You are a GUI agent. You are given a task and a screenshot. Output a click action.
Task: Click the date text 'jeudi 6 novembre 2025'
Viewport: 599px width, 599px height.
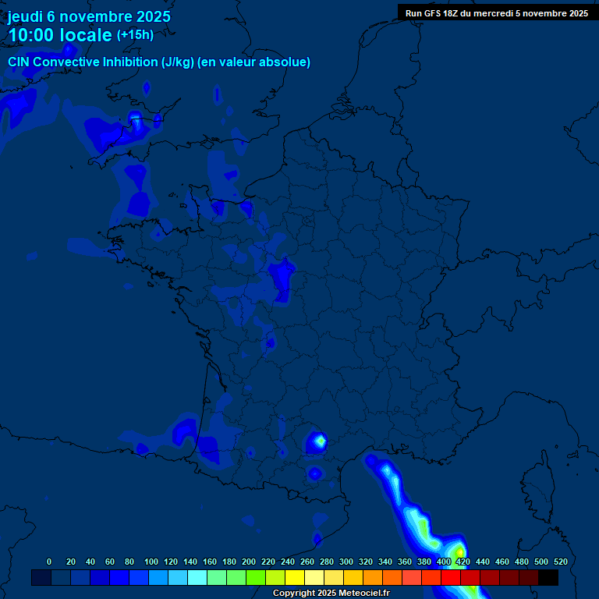(89, 16)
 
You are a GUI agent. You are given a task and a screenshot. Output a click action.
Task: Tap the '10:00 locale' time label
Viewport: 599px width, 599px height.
(60, 35)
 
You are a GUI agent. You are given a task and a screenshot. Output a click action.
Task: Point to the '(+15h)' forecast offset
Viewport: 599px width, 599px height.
(135, 35)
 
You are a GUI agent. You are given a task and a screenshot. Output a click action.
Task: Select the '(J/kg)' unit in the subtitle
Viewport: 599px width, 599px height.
(179, 62)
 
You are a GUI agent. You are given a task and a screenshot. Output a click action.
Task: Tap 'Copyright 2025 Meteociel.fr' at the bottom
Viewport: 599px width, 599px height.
(331, 594)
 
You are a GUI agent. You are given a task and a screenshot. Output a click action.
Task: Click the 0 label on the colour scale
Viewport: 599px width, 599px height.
(49, 562)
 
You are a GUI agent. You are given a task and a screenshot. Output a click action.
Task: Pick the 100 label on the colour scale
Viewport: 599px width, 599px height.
(151, 562)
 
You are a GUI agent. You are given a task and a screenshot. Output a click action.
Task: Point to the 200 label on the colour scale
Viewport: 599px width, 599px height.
(249, 562)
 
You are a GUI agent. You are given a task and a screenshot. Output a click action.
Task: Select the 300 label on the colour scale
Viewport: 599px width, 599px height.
(346, 562)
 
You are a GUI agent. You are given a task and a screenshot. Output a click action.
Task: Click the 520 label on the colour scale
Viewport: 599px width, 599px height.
(560, 562)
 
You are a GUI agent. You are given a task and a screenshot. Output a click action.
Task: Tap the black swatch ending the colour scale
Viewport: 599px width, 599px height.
(548, 578)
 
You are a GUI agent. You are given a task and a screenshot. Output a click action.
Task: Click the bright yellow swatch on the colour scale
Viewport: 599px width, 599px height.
(295, 578)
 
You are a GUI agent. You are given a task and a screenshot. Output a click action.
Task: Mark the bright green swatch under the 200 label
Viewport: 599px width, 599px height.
(256, 578)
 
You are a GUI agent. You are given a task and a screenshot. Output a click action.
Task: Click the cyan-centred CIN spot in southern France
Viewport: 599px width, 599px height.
(318, 442)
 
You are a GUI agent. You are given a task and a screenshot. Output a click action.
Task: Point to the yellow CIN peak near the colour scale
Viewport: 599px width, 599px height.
(459, 554)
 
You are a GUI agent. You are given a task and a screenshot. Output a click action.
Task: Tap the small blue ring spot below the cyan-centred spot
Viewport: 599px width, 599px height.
(314, 473)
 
